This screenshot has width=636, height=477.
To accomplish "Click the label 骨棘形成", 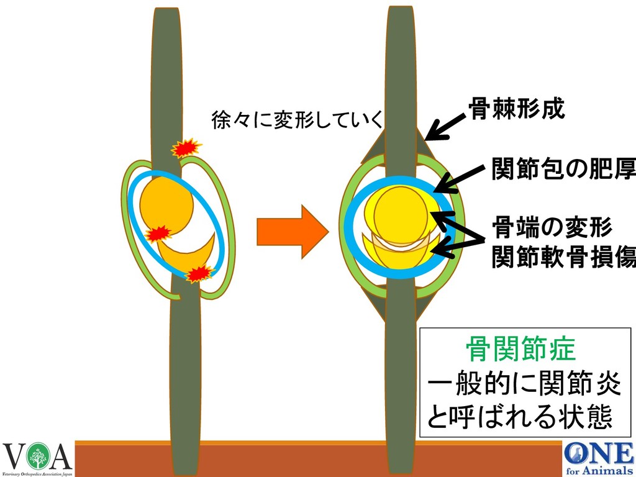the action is click(x=516, y=110).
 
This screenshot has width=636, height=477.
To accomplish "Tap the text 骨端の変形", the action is click(x=552, y=227).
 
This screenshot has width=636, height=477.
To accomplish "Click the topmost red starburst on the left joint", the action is click(x=186, y=148).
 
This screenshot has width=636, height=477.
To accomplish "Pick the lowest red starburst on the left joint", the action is click(x=200, y=273).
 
